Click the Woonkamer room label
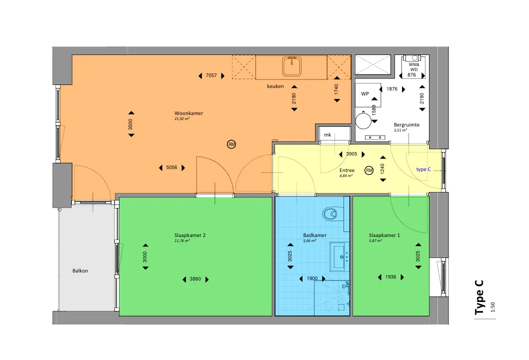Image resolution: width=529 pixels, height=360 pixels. [x=188, y=113]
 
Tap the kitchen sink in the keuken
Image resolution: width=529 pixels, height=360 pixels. [x=292, y=66]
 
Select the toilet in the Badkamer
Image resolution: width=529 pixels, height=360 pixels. [x=330, y=214]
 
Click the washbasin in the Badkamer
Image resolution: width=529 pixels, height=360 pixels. [x=338, y=256]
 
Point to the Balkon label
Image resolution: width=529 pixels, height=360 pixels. [x=80, y=271]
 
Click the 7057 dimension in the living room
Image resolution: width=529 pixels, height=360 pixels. [x=211, y=75]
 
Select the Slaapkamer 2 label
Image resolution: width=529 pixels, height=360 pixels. [x=189, y=235]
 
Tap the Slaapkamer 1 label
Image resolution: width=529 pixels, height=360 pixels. [x=384, y=235]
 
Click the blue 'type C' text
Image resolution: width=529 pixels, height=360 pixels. [x=423, y=169]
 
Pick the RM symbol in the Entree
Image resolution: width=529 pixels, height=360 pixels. [x=369, y=170]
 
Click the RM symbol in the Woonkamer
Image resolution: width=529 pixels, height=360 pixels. [x=231, y=144]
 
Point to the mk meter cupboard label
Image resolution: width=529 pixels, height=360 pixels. [x=327, y=135]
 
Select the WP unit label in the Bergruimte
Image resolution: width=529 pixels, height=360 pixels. [x=365, y=94]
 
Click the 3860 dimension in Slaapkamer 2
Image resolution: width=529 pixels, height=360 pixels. [x=195, y=279]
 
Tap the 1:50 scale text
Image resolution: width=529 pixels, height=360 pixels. [x=493, y=307]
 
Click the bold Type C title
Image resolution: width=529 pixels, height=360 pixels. [x=479, y=297]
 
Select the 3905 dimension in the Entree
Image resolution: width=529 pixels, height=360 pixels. [x=351, y=154]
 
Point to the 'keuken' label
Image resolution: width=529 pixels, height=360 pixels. [x=275, y=86]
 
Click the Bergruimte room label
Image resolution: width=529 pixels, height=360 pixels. [x=406, y=125]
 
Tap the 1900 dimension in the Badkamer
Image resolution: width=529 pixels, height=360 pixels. [x=312, y=278]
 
